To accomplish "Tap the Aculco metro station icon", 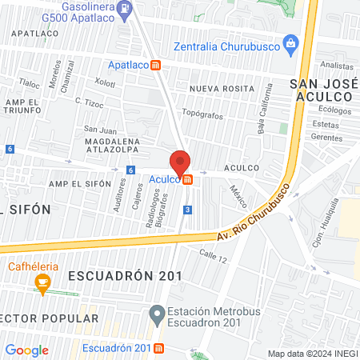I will click(187, 179).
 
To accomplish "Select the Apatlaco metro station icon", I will click(159, 64).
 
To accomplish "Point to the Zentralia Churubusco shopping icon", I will click(291, 42).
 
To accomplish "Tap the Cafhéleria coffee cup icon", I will click(42, 282).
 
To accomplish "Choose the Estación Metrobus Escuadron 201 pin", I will click(156, 313).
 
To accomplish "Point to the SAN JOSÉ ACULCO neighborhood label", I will click(320, 90).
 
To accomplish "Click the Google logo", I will click(27, 350).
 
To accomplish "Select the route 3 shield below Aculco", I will click(187, 209).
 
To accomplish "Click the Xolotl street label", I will click(106, 82).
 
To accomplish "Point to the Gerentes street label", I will click(326, 137).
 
